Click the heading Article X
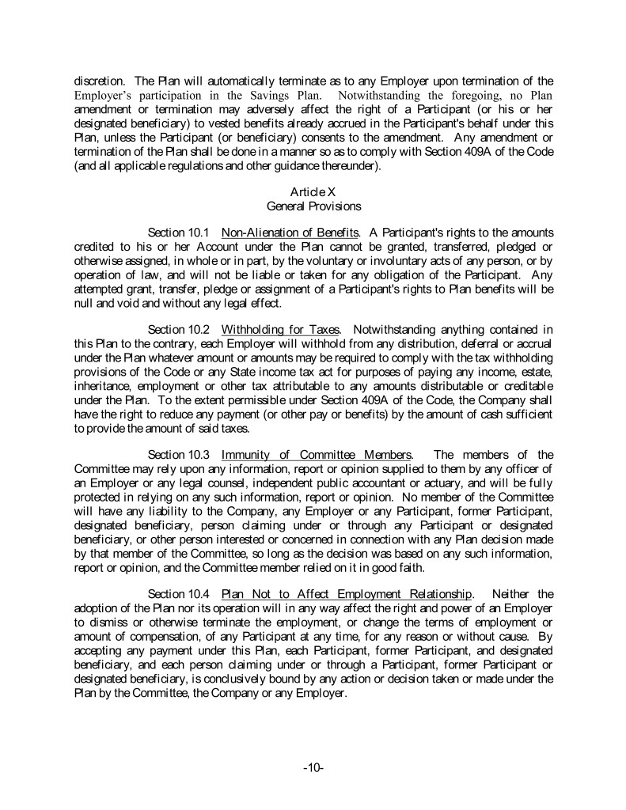tap(313, 192)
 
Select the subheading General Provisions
tap(313, 206)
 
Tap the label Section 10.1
tap(178, 233)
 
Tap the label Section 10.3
tap(178, 455)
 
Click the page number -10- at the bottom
tap(313, 767)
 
